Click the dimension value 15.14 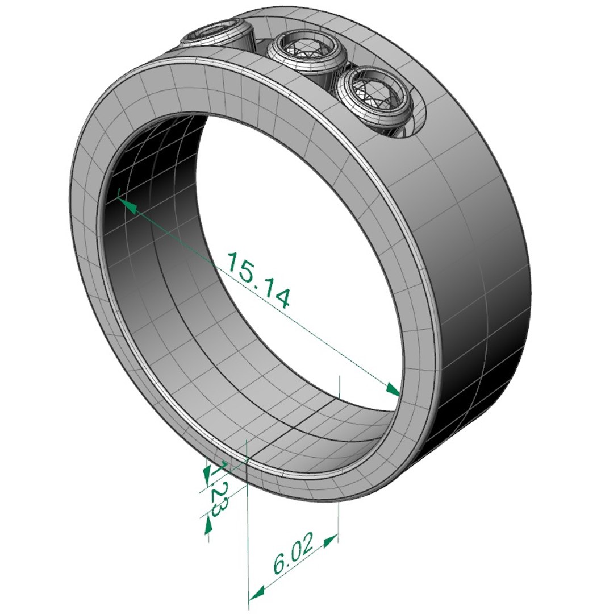tap(259, 280)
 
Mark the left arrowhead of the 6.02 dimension tap(257, 592)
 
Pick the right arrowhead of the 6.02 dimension tap(330, 539)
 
